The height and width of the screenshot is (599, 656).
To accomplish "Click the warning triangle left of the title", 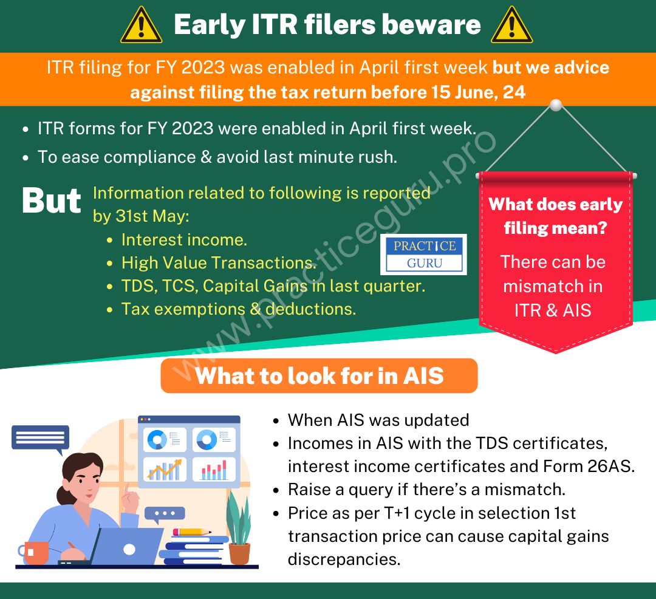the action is pyautogui.click(x=141, y=26).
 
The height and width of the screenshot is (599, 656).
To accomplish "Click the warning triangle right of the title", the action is pyautogui.click(x=511, y=26).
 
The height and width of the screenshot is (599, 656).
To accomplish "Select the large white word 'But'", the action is pyautogui.click(x=52, y=200).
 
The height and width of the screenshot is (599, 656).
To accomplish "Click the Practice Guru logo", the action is pyautogui.click(x=423, y=255).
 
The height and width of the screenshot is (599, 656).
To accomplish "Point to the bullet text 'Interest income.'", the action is pyautogui.click(x=184, y=240).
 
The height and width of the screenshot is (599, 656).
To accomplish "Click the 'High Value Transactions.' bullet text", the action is pyautogui.click(x=219, y=262).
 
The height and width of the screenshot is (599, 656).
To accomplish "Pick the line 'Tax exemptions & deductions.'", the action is pyautogui.click(x=239, y=309).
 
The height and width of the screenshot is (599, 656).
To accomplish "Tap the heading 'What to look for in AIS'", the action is pyautogui.click(x=319, y=375).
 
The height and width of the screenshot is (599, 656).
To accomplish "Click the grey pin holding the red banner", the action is pyautogui.click(x=556, y=105).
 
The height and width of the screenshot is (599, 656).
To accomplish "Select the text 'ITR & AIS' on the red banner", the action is pyautogui.click(x=553, y=310).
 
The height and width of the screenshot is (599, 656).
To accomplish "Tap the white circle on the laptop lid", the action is pyautogui.click(x=129, y=550).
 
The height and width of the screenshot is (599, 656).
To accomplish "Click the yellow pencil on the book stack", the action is pyautogui.click(x=192, y=532).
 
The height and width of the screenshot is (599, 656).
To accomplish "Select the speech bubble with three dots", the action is pyautogui.click(x=165, y=514).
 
